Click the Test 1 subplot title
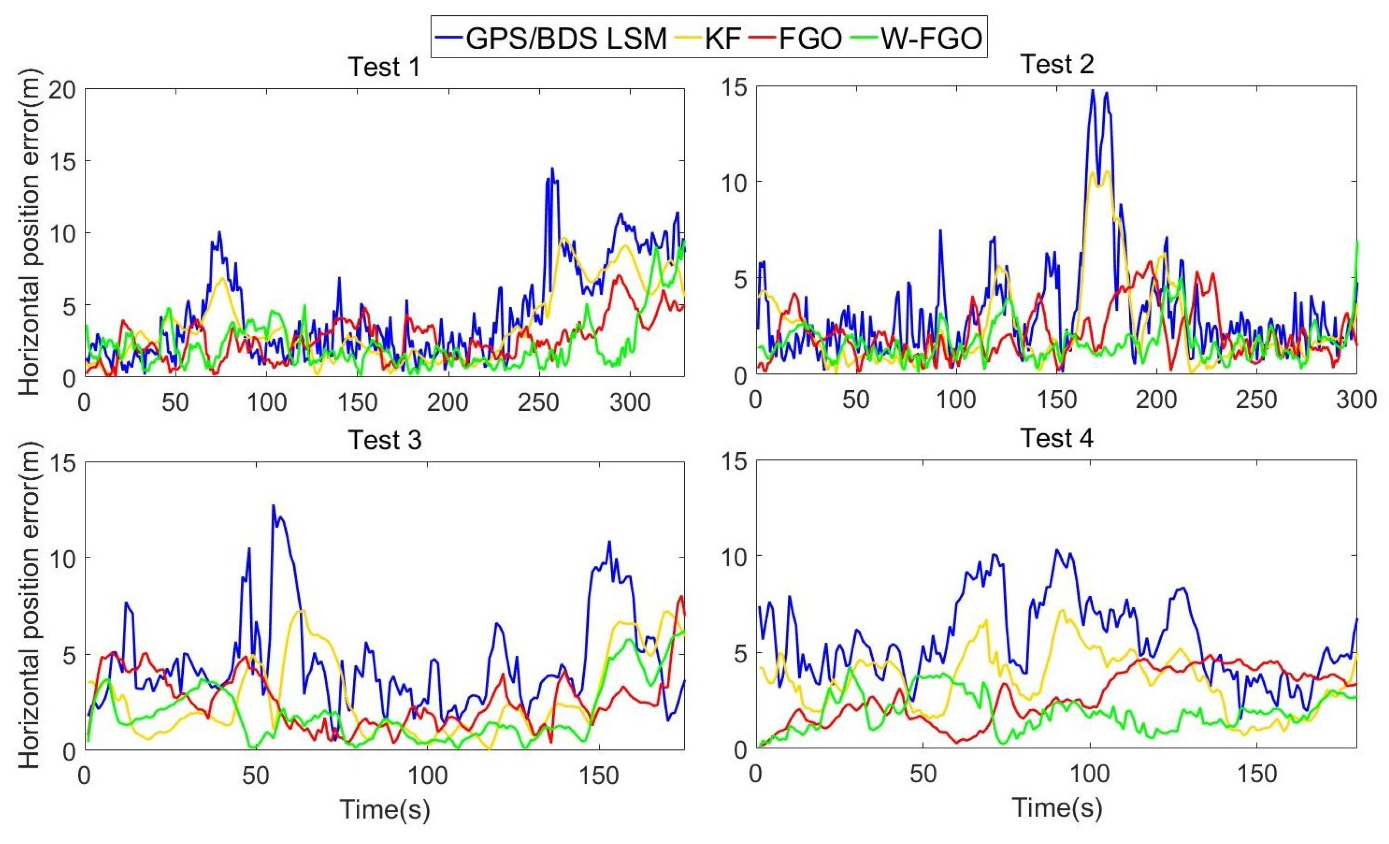[385, 67]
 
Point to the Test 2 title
[1057, 64]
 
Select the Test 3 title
[385, 440]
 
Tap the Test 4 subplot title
[1057, 438]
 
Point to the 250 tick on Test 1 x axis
[539, 402]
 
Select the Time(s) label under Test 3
[385, 810]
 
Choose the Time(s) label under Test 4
[1057, 807]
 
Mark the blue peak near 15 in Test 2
[1093, 90]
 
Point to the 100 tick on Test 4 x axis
[1090, 774]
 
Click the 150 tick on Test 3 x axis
[599, 776]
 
